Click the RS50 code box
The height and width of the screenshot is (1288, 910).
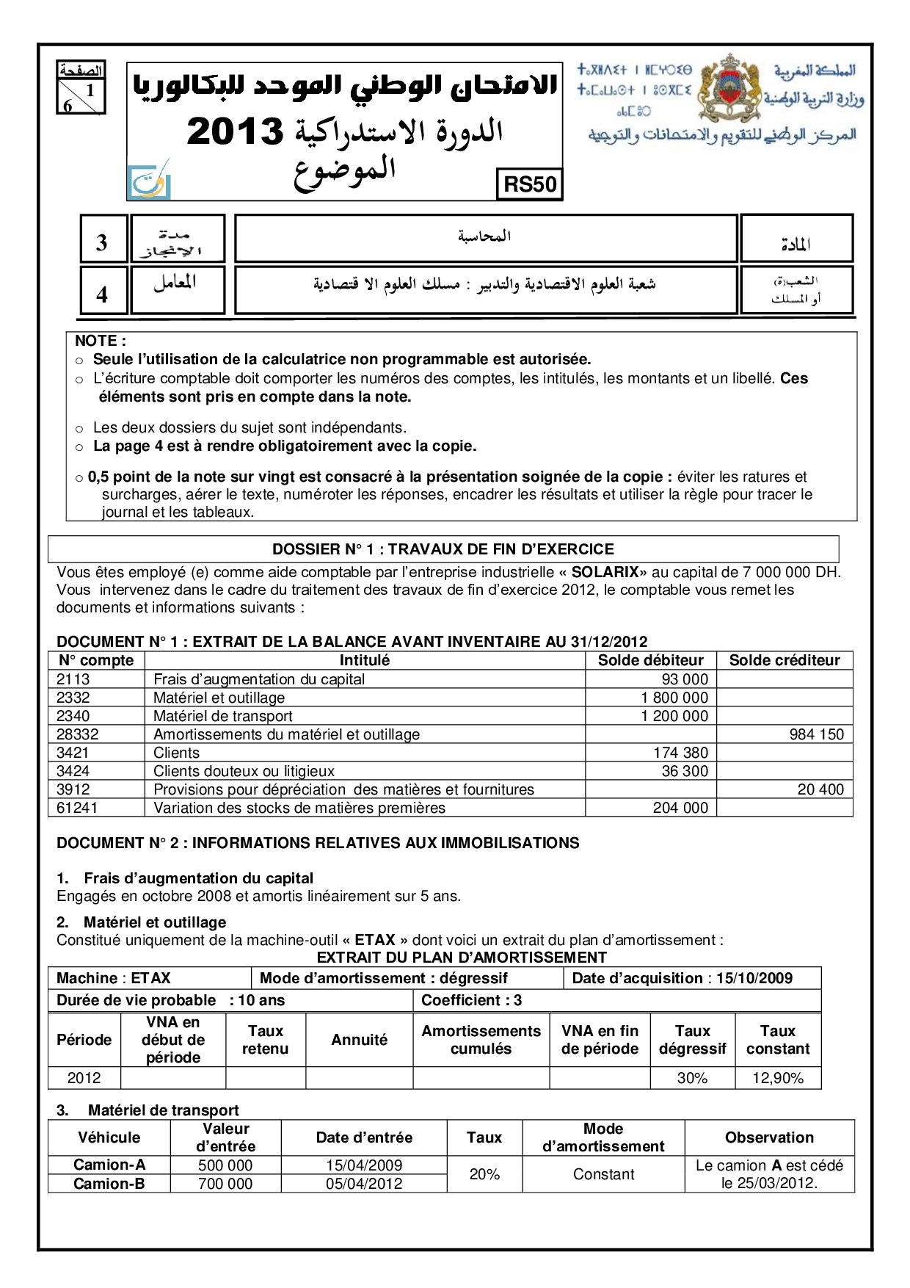click(530, 184)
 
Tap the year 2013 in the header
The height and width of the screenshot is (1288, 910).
click(235, 131)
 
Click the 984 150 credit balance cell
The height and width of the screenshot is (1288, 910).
click(816, 734)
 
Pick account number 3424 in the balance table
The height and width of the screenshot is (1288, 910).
click(73, 771)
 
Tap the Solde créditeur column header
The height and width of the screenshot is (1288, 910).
click(784, 660)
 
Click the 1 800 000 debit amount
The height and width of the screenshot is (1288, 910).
click(674, 698)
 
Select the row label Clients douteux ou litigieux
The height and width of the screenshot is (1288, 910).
click(244, 771)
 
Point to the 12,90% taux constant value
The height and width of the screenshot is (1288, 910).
click(777, 1078)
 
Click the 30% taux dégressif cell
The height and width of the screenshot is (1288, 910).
click(692, 1078)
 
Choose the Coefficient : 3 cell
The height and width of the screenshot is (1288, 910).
click(471, 1000)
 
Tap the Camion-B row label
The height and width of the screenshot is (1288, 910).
click(109, 1184)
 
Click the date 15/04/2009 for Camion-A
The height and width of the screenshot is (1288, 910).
click(364, 1165)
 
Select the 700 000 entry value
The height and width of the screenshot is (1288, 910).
click(225, 1184)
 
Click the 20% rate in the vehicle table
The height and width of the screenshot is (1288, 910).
click(484, 1174)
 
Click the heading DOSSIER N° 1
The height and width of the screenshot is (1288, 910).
click(443, 549)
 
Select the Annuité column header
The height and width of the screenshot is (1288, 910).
click(359, 1040)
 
